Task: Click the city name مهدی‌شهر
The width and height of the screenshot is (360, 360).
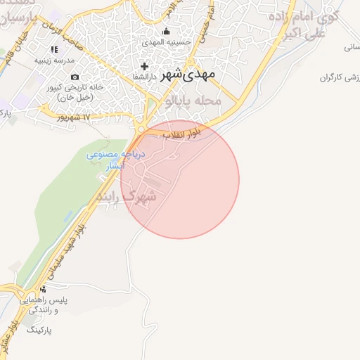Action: click(x=188, y=73)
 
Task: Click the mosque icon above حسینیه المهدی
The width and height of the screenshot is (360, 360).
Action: click(x=166, y=31)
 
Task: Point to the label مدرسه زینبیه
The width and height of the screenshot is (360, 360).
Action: click(x=55, y=60)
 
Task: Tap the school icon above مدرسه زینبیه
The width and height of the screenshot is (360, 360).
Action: click(x=54, y=49)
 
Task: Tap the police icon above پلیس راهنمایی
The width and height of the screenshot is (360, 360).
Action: click(x=44, y=289)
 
